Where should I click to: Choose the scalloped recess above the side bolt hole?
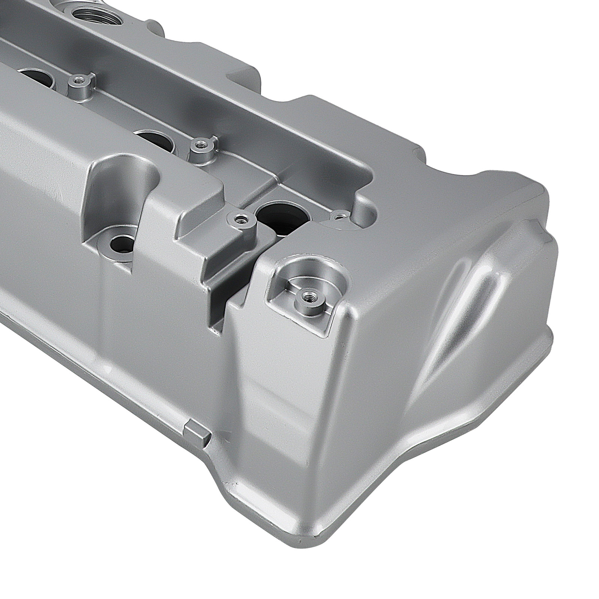pos(124,180)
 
